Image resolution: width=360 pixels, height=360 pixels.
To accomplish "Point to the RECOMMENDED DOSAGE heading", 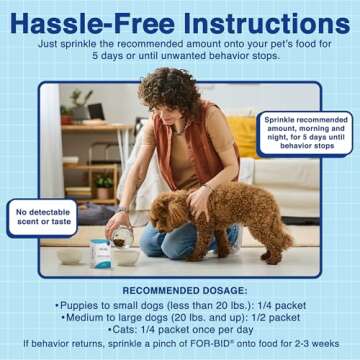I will [x=180, y=281].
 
